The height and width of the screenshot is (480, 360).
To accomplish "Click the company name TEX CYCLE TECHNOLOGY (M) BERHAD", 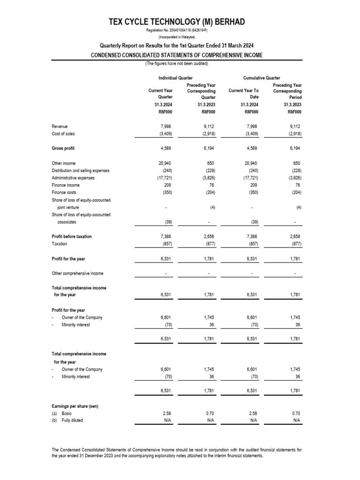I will pos(176,22).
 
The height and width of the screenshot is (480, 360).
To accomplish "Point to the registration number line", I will pos(176,31).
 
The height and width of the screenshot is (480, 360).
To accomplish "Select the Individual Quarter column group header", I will pos(176,77).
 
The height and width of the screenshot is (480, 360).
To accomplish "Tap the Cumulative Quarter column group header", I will pos(261,77).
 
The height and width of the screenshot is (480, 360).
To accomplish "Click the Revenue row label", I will pos(60,126).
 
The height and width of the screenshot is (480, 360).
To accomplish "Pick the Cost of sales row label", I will pos(63,134).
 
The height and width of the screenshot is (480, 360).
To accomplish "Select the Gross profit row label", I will pos(63,149).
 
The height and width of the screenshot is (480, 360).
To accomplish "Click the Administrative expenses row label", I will pos(73,178).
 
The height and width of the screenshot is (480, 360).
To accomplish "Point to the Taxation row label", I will pos(60,244).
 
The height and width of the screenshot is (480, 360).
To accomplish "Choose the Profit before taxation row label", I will pos(71,236).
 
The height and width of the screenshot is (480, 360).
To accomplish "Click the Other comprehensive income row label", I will pos(77,273).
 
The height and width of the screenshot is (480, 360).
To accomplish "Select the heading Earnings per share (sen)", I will pos(75,405).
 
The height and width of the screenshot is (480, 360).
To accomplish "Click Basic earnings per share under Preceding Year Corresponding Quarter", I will pos(209,413).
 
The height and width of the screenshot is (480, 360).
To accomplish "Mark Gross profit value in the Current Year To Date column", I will pos(252,149).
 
